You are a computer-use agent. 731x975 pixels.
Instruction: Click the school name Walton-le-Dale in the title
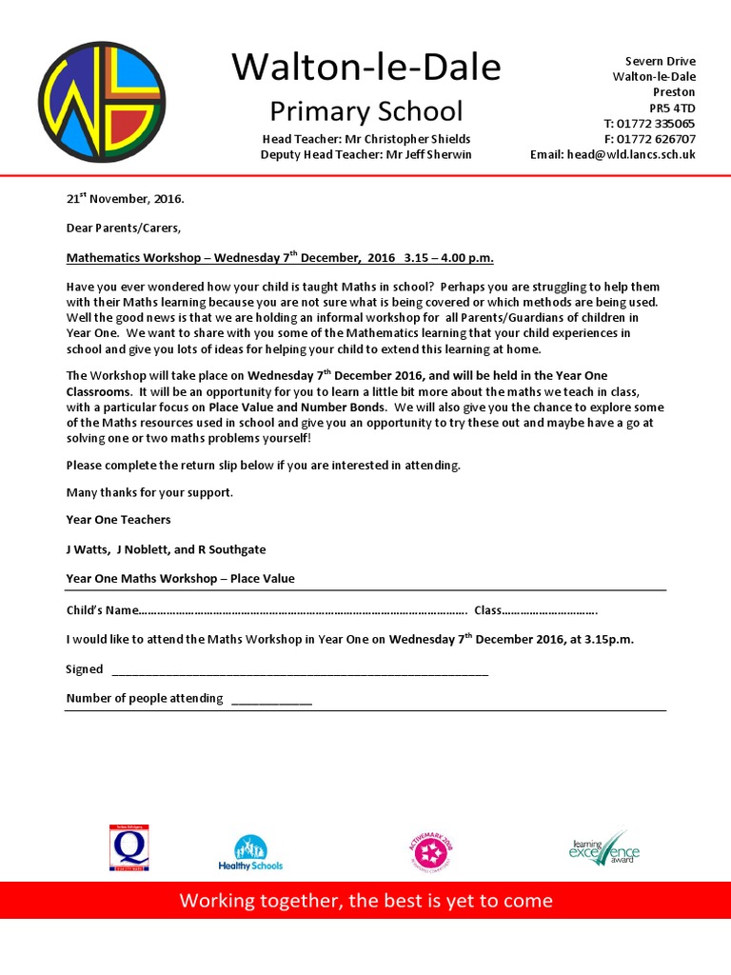[x=365, y=68]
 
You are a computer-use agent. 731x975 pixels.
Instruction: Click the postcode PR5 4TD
[x=673, y=108]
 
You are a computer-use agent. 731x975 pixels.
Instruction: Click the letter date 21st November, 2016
[x=125, y=200]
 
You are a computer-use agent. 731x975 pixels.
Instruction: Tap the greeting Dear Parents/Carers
[x=123, y=229]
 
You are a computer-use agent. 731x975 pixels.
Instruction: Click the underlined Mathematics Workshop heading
[x=280, y=258]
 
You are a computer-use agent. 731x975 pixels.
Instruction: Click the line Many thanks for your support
[x=149, y=492]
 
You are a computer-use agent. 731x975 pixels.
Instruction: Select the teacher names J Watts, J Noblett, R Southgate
[x=166, y=549]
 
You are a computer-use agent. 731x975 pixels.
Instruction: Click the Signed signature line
[x=300, y=671]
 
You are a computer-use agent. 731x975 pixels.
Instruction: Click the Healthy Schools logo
[x=250, y=852]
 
